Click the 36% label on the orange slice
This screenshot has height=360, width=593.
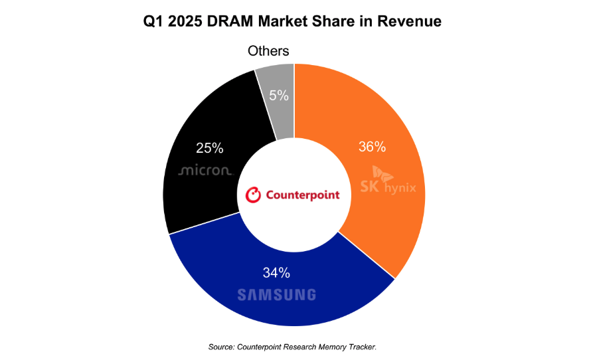tap(372, 147)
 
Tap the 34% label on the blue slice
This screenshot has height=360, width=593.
tap(275, 272)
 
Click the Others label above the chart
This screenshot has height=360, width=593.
tap(268, 51)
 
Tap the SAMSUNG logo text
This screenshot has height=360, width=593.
tap(276, 295)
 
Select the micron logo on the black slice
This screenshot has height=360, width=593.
tap(205, 171)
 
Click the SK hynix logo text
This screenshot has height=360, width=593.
tap(388, 187)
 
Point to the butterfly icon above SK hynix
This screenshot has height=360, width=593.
tap(382, 173)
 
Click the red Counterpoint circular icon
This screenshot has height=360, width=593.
tap(253, 195)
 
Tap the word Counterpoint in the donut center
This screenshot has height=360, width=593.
tap(302, 195)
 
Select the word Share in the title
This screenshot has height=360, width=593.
tap(342, 22)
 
